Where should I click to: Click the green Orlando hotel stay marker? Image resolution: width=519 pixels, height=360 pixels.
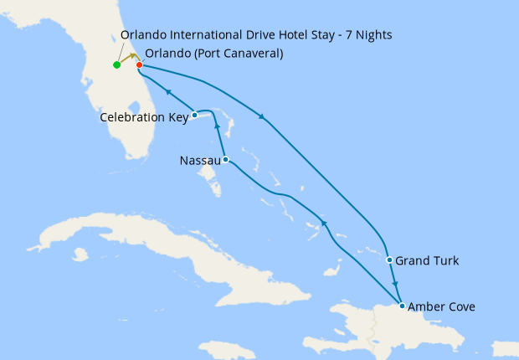click(116, 64)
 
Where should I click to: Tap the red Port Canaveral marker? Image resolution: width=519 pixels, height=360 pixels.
click(139, 64)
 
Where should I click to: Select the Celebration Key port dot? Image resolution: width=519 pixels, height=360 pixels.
click(194, 115)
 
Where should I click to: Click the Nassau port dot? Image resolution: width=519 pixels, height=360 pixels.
click(225, 159)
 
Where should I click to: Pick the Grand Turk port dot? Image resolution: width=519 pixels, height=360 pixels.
click(389, 260)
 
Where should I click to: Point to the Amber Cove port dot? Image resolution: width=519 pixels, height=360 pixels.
click(403, 306)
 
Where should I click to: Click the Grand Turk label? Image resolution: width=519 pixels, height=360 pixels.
click(427, 260)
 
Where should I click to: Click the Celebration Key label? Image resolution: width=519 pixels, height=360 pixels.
click(144, 117)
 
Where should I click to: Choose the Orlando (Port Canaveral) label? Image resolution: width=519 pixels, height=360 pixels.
click(213, 54)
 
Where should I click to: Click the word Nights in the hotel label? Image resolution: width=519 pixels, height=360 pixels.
click(372, 34)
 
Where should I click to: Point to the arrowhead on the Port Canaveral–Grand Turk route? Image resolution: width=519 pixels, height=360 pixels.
click(262, 116)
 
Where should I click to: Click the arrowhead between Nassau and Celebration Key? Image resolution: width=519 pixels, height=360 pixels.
click(217, 126)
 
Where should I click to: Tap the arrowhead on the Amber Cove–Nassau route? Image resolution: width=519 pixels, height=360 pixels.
click(323, 223)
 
